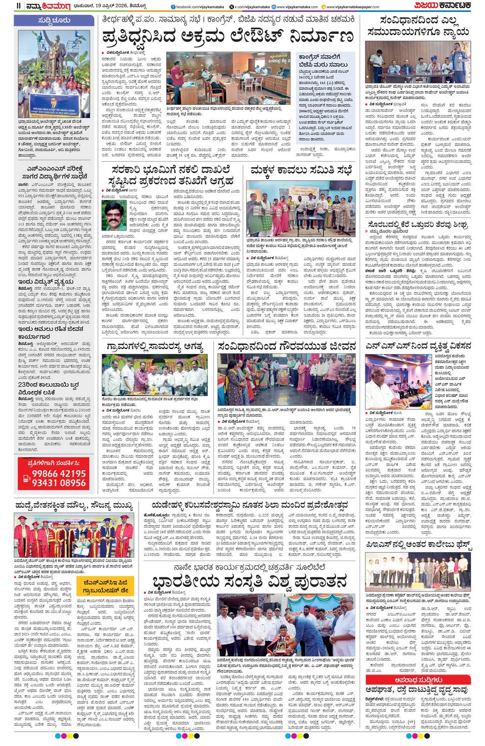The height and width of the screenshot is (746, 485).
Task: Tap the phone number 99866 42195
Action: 59,474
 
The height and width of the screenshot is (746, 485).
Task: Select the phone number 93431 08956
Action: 59,483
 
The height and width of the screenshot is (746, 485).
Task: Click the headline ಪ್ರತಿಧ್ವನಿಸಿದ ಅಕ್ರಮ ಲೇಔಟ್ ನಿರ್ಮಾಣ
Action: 227,37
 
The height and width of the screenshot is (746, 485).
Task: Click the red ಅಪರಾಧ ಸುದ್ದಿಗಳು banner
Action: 418,680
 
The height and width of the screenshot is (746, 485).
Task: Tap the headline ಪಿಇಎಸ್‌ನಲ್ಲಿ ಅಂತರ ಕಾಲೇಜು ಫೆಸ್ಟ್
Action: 418,544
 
